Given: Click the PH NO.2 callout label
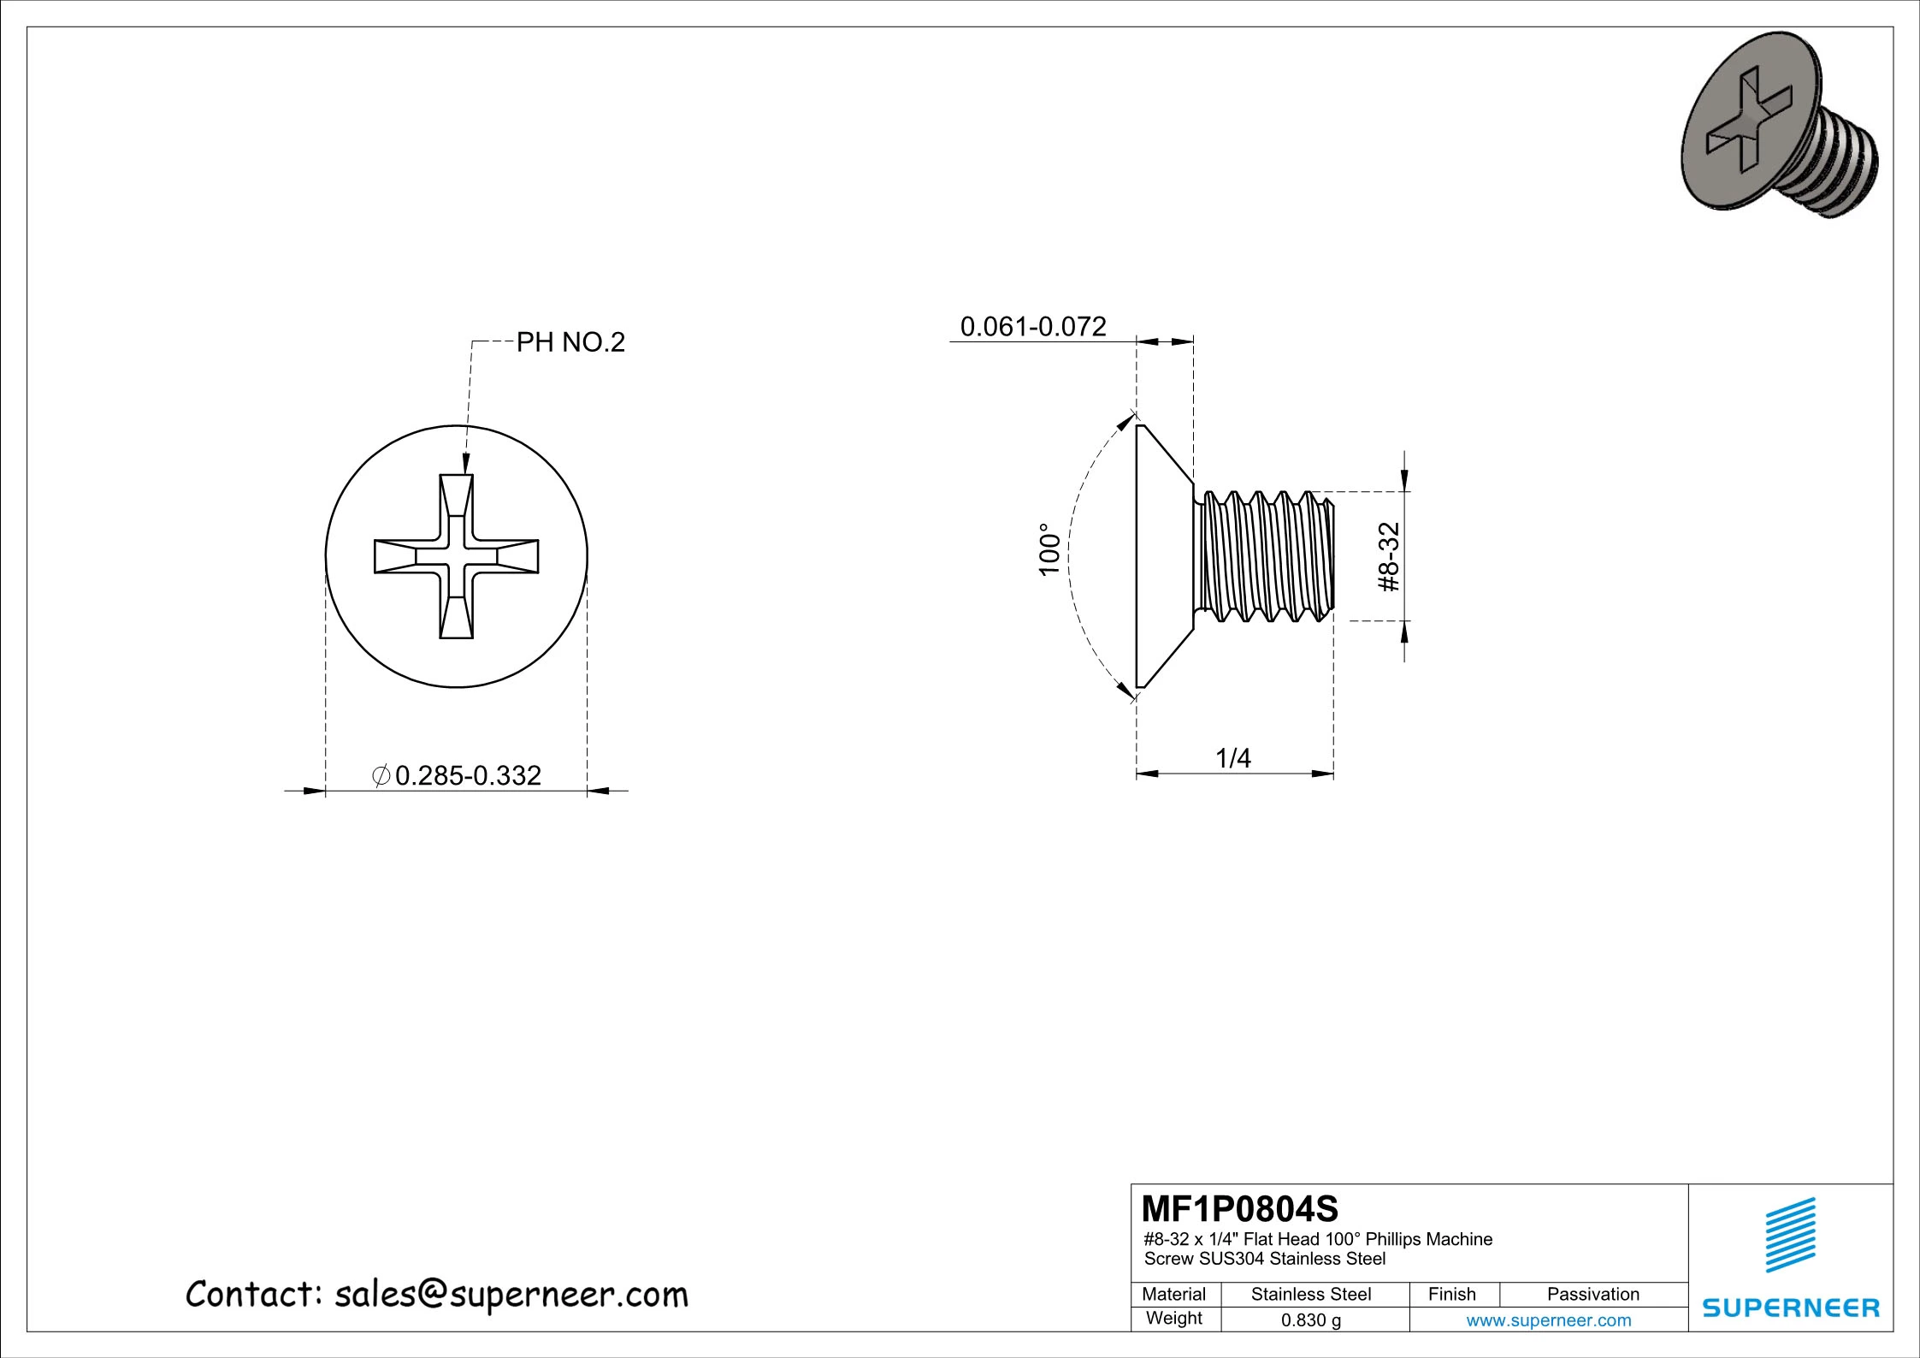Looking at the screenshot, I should point(570,343).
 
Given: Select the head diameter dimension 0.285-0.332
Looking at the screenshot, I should point(467,775).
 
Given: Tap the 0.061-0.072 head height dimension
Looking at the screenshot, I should point(1033,327).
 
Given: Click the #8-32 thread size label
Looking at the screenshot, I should point(1390,557).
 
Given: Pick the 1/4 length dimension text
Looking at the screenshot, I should point(1233,758).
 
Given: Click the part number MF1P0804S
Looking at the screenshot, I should point(1240,1209).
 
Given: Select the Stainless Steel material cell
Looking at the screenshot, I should point(1311,1295).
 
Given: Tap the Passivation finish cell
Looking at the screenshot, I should point(1593,1295).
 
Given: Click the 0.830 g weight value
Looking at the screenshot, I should point(1311,1320).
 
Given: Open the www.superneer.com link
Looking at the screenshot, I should point(1549,1320).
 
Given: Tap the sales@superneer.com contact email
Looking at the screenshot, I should point(511,1295).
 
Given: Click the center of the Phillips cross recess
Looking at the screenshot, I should point(457,556).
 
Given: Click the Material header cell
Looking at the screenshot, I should point(1174,1295).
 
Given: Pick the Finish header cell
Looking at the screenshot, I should point(1452,1295).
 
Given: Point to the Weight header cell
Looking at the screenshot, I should point(1174,1319).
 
